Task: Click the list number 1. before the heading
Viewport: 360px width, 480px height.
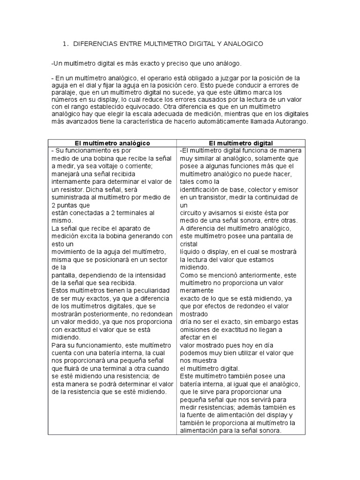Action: pyautogui.click(x=65, y=44)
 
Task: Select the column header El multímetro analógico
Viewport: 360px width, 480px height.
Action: pyautogui.click(x=112, y=142)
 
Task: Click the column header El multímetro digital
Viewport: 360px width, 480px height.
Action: pyautogui.click(x=241, y=142)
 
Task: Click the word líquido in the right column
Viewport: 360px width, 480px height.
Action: pyautogui.click(x=190, y=251)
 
